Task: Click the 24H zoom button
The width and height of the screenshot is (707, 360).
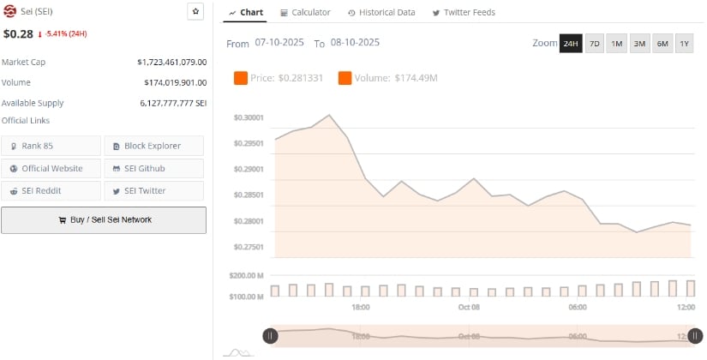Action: (x=571, y=44)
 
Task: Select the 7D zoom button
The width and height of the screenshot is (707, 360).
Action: (x=594, y=44)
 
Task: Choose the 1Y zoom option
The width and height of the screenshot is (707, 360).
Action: (x=684, y=44)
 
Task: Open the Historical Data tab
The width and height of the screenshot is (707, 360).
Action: (x=381, y=13)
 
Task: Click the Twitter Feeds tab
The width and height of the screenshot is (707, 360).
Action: (x=464, y=13)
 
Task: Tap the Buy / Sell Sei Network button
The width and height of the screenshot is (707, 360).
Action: (x=104, y=219)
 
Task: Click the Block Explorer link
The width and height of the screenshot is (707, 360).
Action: (x=153, y=146)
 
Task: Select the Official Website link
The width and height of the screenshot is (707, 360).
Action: (x=51, y=168)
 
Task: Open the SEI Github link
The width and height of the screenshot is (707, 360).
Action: (x=153, y=168)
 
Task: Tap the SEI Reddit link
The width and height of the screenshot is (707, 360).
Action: (x=51, y=190)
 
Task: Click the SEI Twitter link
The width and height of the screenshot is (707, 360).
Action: (x=153, y=190)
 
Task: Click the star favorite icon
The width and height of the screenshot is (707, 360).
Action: (x=195, y=12)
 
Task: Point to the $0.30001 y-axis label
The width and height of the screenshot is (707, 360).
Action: (x=249, y=117)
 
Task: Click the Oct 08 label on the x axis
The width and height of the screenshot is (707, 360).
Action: (x=469, y=307)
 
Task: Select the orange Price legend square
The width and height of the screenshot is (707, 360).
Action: (x=241, y=78)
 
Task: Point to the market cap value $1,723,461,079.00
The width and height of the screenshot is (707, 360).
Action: (x=171, y=63)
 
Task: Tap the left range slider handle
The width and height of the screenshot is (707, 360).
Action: (x=270, y=337)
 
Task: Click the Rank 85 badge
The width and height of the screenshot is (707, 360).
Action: (x=51, y=146)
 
